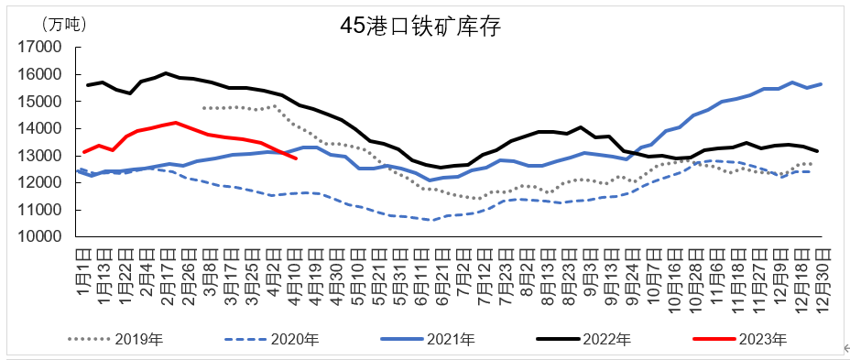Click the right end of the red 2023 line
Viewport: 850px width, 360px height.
pyautogui.click(x=295, y=158)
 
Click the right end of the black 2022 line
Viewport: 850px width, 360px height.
pyautogui.click(x=819, y=151)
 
